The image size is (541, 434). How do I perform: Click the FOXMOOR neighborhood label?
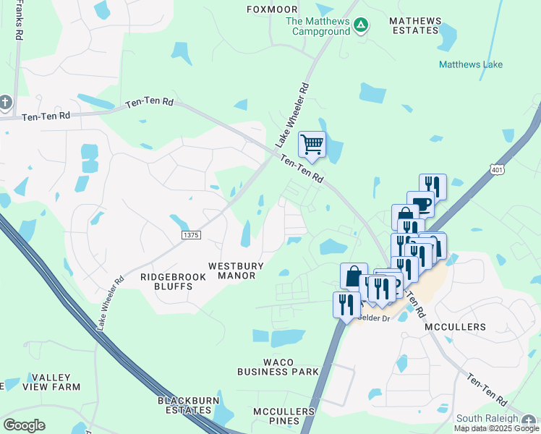click(x=272, y=9)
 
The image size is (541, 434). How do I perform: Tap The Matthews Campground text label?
click(x=318, y=26)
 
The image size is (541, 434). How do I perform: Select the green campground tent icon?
click(x=361, y=25)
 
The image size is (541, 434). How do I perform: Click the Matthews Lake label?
click(x=471, y=64)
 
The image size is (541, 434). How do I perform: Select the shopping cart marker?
click(x=312, y=145)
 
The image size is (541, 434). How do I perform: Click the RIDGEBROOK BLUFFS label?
click(x=166, y=281)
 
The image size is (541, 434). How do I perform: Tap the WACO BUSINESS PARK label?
click(x=278, y=367)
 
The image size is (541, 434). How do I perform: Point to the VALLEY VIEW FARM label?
click(x=51, y=382)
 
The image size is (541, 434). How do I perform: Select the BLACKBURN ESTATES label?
click(x=185, y=405)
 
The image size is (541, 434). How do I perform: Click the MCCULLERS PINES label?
click(x=284, y=417)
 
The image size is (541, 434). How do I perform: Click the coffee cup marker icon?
click(x=420, y=204)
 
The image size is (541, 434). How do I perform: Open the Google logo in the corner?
click(x=24, y=425)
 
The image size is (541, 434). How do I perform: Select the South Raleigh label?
click(x=487, y=418)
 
